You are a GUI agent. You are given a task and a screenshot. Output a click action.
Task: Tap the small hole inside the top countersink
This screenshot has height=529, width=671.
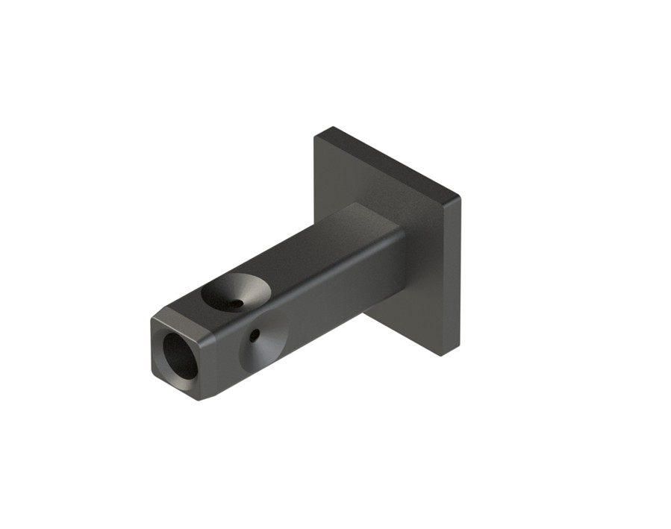pyautogui.click(x=236, y=303)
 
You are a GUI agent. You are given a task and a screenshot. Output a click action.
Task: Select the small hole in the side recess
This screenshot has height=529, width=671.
pyautogui.click(x=255, y=337)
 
